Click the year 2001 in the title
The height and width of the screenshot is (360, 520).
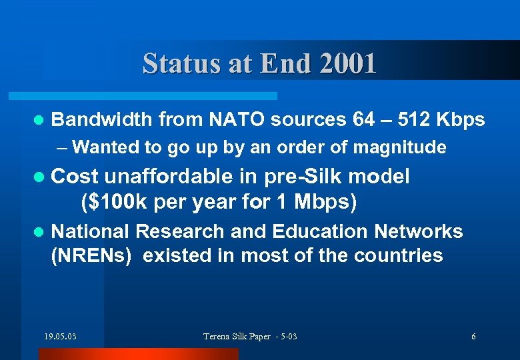tap(347, 63)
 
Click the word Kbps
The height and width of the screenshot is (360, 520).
tap(461, 119)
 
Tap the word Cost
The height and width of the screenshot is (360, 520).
tap(75, 177)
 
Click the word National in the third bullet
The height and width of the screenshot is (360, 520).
tap(91, 231)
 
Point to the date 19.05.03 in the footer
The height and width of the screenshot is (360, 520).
tap(60, 336)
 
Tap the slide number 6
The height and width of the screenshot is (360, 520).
tap(473, 336)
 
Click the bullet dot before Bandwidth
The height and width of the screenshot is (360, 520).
tap(39, 121)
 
